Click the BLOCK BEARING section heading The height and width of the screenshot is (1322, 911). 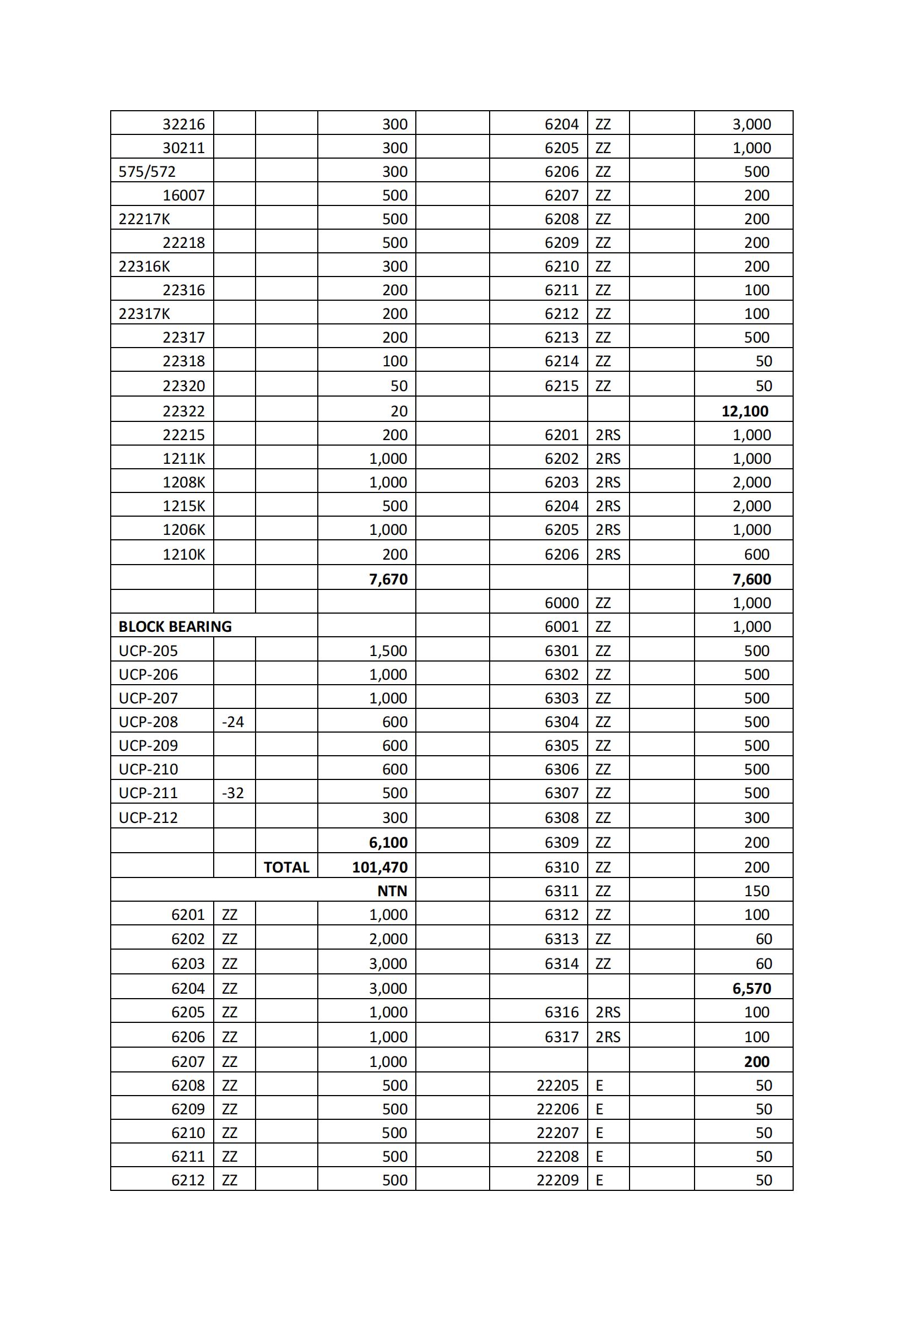175,627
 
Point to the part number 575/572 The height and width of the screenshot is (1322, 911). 147,172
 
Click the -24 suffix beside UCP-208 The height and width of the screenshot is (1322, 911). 233,722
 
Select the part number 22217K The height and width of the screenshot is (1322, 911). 144,219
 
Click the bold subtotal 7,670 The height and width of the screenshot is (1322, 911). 388,579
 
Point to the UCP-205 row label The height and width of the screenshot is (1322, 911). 148,651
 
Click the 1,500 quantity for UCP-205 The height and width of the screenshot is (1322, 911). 388,651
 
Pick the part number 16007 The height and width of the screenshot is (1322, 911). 183,195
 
